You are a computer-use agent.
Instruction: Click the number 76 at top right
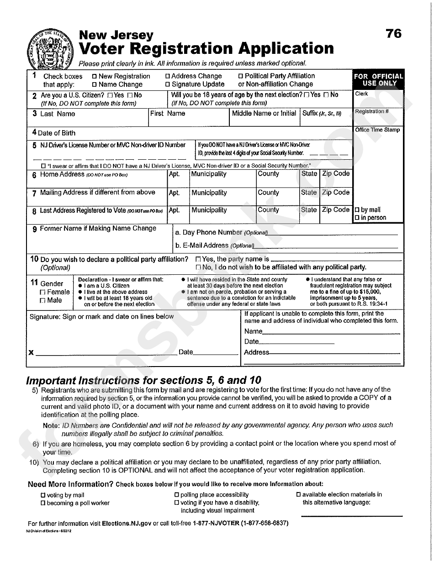tap(393, 33)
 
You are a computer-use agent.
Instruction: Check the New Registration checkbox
tap(95, 77)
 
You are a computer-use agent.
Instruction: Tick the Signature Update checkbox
tap(168, 84)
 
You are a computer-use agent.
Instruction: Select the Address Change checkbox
tap(168, 77)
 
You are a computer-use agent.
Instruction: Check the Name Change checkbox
tap(95, 84)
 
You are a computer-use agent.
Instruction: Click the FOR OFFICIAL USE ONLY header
tap(378, 80)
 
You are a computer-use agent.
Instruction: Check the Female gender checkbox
tap(43, 292)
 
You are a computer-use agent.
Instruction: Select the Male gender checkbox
tap(43, 300)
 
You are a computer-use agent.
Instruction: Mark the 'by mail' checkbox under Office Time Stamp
tap(357, 210)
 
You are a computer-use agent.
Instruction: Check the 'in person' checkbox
tap(357, 218)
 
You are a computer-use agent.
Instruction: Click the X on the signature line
tap(31, 352)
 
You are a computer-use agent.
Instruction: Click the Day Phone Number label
tap(212, 232)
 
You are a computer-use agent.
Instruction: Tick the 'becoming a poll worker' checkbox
tap(43, 503)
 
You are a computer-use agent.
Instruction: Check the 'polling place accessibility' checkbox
tap(177, 495)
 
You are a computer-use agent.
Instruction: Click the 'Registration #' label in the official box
tap(372, 111)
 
